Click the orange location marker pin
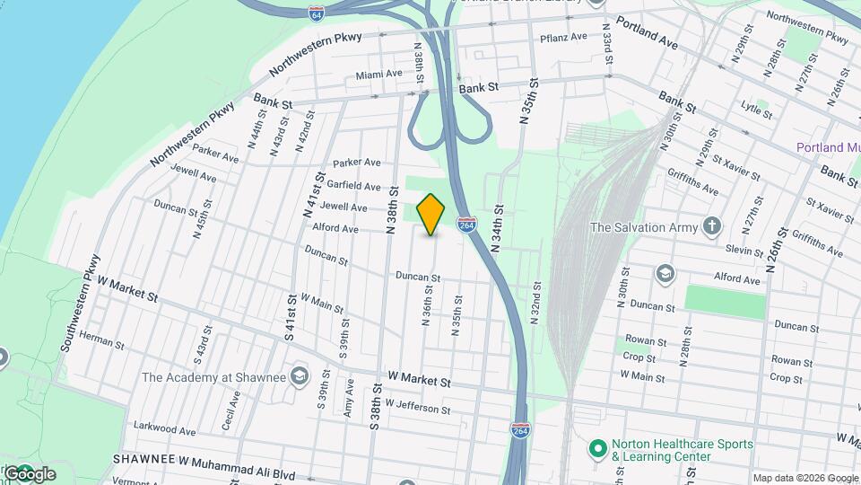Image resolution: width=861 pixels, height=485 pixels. click(431, 214)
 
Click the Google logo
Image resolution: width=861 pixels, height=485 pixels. click(30, 473)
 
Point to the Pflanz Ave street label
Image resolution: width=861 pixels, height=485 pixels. click(563, 38)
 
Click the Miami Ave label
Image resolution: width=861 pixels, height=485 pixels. click(379, 75)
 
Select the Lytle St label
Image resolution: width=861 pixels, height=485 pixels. click(756, 110)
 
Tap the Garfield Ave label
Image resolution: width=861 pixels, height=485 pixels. click(354, 185)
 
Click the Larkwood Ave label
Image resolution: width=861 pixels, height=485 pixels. click(164, 429)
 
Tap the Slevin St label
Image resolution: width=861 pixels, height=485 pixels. click(744, 250)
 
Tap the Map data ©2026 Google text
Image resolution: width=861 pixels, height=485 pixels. click(804, 478)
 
